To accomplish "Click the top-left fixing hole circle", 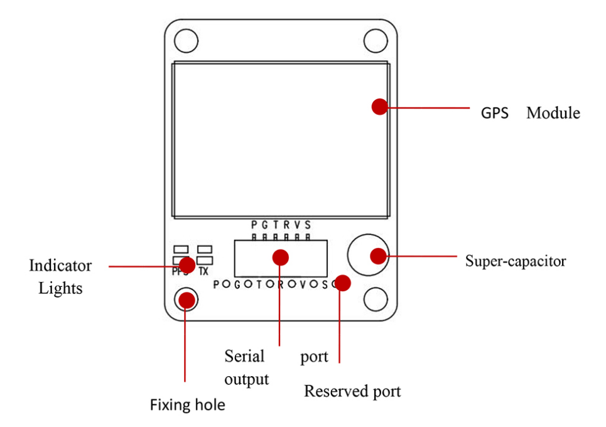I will [187, 41].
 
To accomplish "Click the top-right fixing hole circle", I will [376, 41].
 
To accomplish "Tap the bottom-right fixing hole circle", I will [376, 298].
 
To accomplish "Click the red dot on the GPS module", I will [379, 106].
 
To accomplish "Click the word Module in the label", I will [553, 114].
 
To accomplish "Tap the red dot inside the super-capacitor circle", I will [377, 256].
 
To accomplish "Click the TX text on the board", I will [203, 272].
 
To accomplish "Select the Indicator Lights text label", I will [60, 277].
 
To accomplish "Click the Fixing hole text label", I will [187, 405].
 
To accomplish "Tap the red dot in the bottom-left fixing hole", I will [187, 300].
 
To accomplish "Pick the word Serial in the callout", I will [244, 356].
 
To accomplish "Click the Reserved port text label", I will [352, 391].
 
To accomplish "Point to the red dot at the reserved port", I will [343, 283].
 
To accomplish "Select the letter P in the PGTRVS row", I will [254, 225].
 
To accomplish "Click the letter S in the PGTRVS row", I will [307, 225].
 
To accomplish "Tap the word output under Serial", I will [247, 379].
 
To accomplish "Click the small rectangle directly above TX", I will [205, 249].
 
